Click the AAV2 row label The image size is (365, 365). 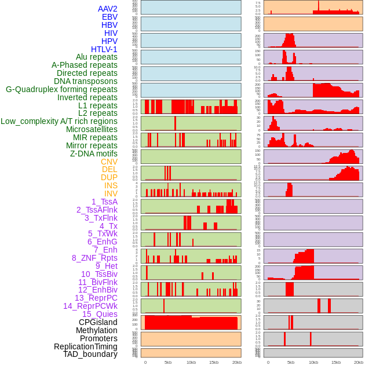(x=108, y=9)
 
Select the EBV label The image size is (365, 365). (x=110, y=17)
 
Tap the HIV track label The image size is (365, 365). (x=111, y=33)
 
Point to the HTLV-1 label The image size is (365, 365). (x=104, y=49)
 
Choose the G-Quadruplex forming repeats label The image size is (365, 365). (x=61, y=89)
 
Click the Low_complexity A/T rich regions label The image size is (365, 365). (x=59, y=121)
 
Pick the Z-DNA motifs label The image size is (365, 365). (x=94, y=154)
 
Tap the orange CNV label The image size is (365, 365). (x=109, y=162)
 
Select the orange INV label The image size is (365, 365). (x=111, y=194)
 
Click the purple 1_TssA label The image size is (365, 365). (x=104, y=202)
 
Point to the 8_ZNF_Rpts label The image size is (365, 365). (x=94, y=258)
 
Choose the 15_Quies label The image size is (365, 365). (x=100, y=314)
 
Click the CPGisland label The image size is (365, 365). (x=98, y=322)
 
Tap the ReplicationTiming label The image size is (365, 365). (x=86, y=346)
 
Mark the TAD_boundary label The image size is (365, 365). (x=90, y=354)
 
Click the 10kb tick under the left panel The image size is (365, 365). (x=191, y=362)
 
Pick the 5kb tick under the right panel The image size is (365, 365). (x=290, y=362)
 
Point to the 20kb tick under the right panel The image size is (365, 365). (x=359, y=362)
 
